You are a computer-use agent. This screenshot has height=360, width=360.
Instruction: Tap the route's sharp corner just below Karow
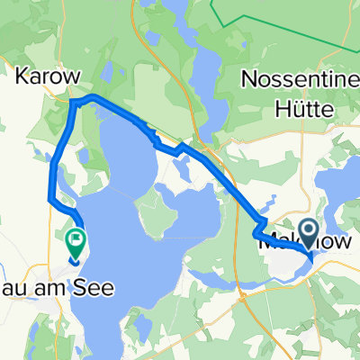pos(73,103)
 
